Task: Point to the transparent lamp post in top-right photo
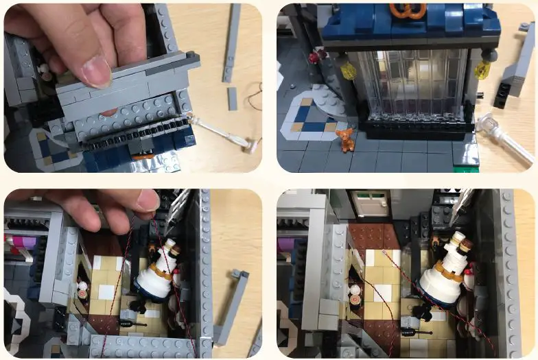click(x=507, y=139)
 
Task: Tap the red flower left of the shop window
click(x=314, y=58)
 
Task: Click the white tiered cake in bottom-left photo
click(x=156, y=274)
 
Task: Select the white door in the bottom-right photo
click(x=369, y=204)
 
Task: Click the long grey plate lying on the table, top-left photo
click(x=233, y=43)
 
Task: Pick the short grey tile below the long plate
click(x=233, y=99)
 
